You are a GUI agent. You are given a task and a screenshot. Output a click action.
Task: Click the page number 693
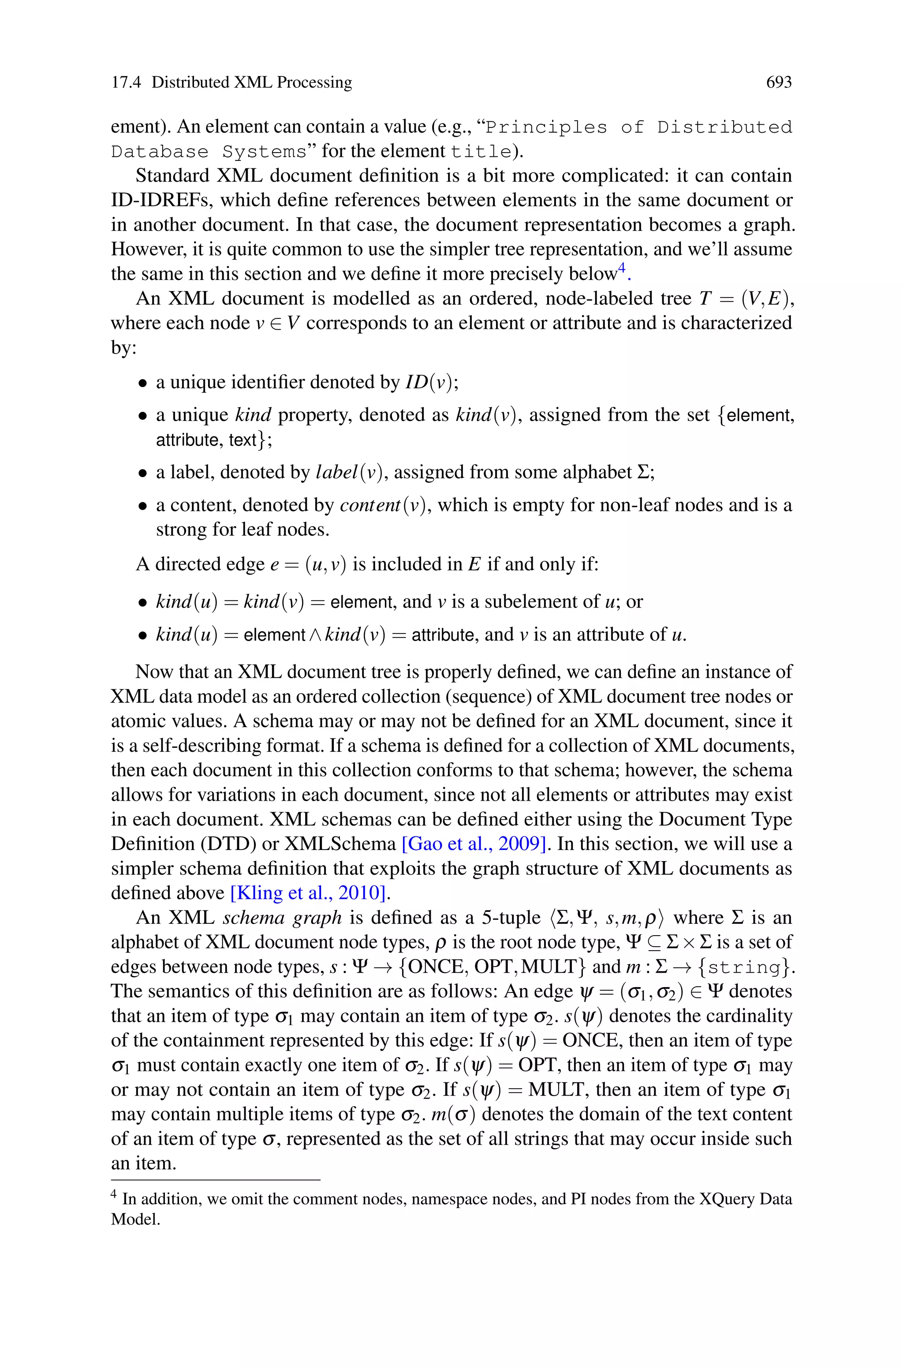click(779, 82)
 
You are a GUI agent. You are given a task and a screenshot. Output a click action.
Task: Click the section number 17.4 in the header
click(126, 82)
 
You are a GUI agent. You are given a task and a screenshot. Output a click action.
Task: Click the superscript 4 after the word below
click(621, 268)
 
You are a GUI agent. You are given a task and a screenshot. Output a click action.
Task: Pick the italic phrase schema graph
click(282, 918)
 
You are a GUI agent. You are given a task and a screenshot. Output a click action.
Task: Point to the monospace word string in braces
click(746, 967)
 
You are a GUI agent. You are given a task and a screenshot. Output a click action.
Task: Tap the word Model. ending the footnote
click(135, 1220)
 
